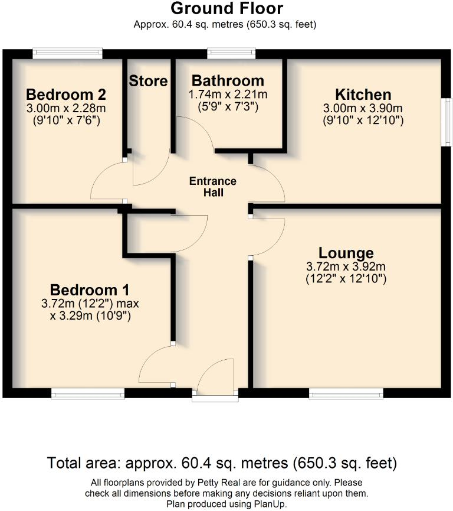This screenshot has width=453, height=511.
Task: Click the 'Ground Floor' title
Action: pos(226,9)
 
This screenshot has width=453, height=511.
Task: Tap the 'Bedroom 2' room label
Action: pos(66,95)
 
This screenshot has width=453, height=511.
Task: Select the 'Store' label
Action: pos(149,81)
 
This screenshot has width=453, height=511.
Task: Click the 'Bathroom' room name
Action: pos(228,81)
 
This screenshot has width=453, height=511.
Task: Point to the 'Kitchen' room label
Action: pos(363,95)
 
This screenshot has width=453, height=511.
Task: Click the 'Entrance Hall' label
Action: pos(212,187)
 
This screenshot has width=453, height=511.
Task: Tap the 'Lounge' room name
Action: pos(346,253)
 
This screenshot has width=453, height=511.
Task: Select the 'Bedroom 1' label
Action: pos(90,290)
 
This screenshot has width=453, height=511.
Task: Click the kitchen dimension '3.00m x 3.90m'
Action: pos(363,109)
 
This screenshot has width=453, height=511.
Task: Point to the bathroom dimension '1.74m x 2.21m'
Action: pos(228,95)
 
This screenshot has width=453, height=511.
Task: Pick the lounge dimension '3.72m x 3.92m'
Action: pos(346,266)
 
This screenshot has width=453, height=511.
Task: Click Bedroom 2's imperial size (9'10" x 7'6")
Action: pos(66,121)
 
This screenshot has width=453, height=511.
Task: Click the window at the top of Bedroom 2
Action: pos(67,54)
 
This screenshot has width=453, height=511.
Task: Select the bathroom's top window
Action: pos(231,54)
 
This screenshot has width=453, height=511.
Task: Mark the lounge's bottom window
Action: pos(346,393)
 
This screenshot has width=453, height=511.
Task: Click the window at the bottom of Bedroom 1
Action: pos(88,393)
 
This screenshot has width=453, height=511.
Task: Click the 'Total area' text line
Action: pos(222,462)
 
